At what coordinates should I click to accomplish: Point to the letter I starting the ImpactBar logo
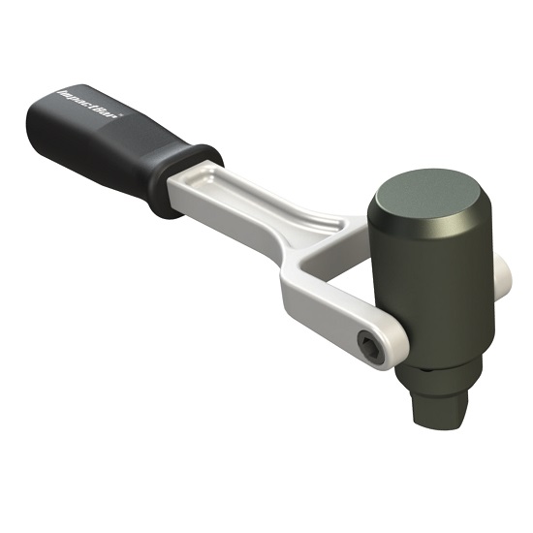pyautogui.click(x=59, y=96)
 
